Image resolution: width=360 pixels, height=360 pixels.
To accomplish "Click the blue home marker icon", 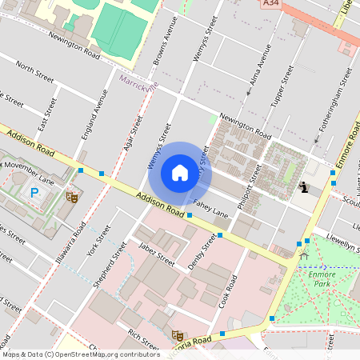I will coord(180,173).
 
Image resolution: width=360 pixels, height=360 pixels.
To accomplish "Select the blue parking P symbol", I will coord(34,192).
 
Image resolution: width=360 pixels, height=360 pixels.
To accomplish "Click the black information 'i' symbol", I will coord(303,188).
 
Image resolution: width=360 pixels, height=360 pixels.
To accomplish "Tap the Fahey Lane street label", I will coord(210,209).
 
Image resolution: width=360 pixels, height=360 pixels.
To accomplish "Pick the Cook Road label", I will coord(230,293).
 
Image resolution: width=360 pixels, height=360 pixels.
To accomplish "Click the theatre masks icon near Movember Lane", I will coord(71,195).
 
